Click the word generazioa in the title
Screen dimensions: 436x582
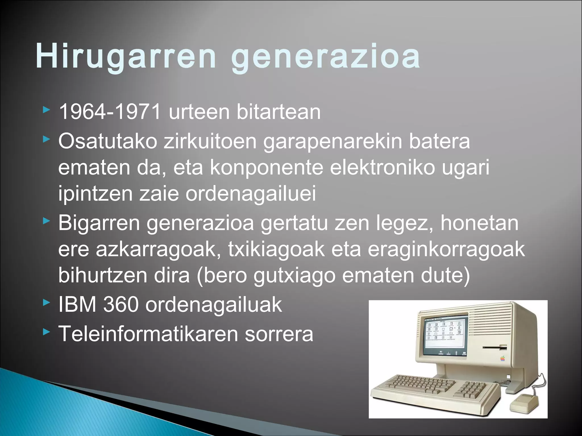325,56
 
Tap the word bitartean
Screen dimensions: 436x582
278,112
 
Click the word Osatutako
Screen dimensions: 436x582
108,141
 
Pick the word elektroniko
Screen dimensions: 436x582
382,167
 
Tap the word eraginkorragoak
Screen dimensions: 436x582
446,249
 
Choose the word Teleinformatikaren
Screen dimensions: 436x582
148,334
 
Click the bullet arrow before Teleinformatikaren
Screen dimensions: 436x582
46,332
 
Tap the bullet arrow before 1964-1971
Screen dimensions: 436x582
46,110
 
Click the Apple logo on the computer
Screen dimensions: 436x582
502,358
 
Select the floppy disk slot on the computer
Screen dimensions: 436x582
494,347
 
